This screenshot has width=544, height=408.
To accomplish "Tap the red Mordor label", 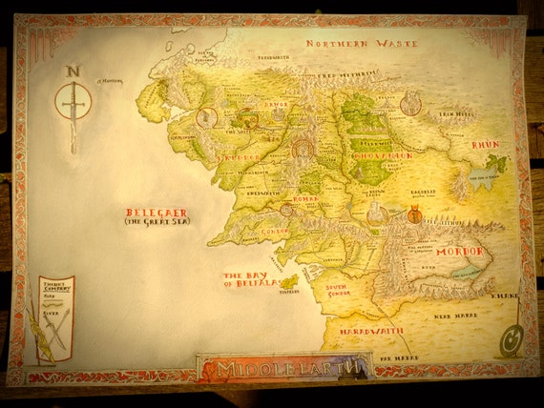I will [x=460, y=252].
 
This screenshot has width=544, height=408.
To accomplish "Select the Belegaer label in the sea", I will [x=157, y=213].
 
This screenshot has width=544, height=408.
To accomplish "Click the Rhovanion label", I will [x=382, y=155].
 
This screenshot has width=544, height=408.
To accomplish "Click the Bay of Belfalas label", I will [x=251, y=278].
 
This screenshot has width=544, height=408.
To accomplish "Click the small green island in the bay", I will [x=288, y=282].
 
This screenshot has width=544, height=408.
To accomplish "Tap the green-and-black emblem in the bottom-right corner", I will [x=512, y=337].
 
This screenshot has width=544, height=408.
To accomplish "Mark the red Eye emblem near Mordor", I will [x=415, y=215].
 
